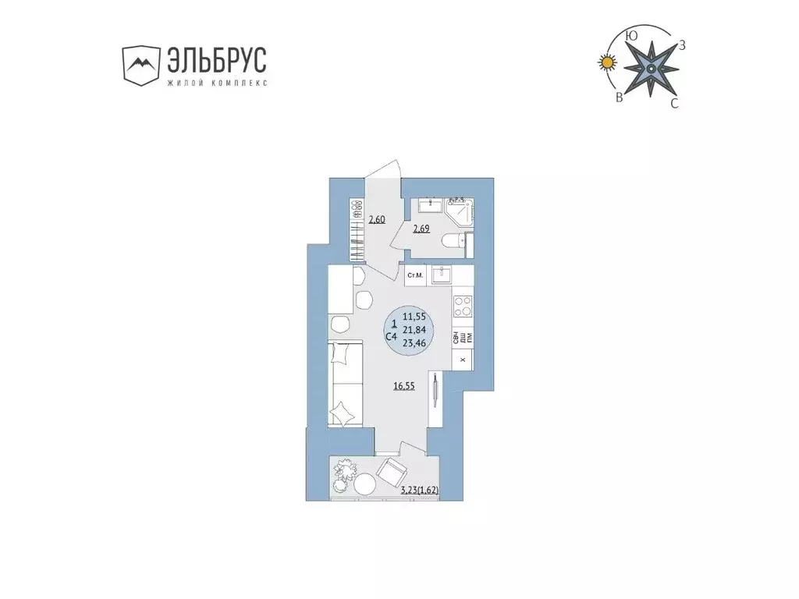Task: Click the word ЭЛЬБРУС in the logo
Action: (x=216, y=61)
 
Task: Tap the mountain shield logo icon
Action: (x=140, y=65)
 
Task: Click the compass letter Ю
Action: (x=632, y=35)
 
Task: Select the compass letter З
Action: (x=682, y=44)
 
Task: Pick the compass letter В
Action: (x=619, y=97)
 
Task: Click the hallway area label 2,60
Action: (x=377, y=219)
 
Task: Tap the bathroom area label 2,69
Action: (x=421, y=229)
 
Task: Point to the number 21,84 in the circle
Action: (x=414, y=328)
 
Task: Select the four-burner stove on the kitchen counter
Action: (x=462, y=306)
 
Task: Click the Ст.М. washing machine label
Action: (x=415, y=275)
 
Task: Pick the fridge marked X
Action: (x=463, y=360)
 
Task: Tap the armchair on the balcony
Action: (x=391, y=471)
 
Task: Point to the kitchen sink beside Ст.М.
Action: (x=442, y=275)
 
